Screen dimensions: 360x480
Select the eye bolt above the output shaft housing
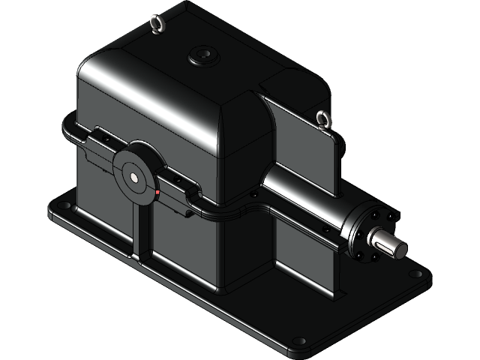coord(323,118)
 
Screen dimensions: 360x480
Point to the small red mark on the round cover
coord(157,193)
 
